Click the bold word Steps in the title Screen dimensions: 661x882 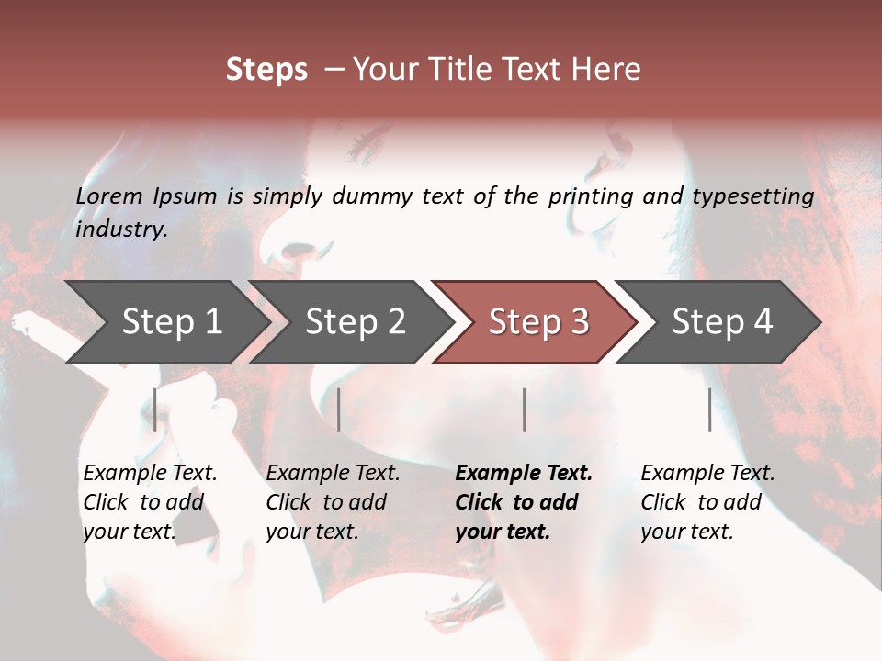click(266, 70)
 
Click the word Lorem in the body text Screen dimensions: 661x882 click(109, 196)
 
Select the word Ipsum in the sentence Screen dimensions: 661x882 click(187, 196)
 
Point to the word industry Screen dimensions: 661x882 click(121, 230)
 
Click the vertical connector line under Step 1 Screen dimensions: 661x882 click(155, 409)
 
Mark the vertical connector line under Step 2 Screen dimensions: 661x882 click(339, 409)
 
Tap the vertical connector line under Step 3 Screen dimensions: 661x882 click(524, 409)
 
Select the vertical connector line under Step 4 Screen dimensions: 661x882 click(710, 409)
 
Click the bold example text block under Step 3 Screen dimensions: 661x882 click(523, 502)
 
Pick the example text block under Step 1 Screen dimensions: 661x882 click(150, 502)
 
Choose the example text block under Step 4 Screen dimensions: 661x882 click(707, 502)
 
